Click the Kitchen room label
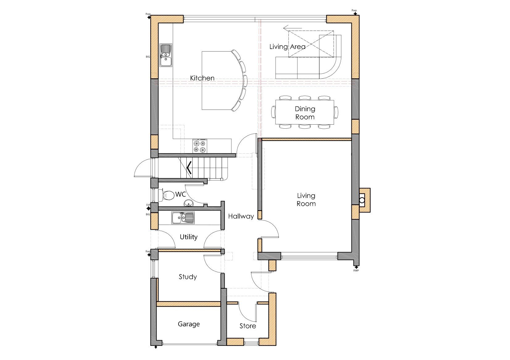point(202,78)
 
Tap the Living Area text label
point(287,47)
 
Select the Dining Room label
point(305,113)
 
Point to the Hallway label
point(241,216)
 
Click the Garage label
point(189,324)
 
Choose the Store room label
point(248,326)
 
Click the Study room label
point(188,277)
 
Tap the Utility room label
point(189,237)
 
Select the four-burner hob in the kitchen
point(200,146)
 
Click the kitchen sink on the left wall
point(166,55)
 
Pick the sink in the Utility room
point(183,217)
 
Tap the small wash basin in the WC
point(188,203)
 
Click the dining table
point(305,112)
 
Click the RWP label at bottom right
point(356,271)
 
